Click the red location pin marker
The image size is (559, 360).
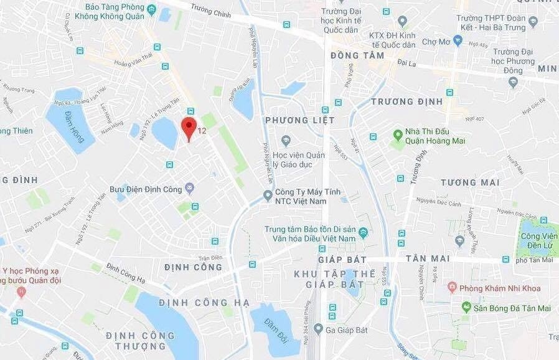pyautogui.click(x=189, y=127)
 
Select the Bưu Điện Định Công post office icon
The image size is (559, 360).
pyautogui.click(x=190, y=188)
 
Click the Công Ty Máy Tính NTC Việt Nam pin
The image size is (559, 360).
pyautogui.click(x=268, y=196)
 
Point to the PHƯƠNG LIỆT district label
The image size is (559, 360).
pyautogui.click(x=299, y=120)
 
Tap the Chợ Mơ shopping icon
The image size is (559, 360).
pyautogui.click(x=458, y=40)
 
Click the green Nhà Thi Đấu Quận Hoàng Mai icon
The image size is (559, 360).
pyautogui.click(x=398, y=135)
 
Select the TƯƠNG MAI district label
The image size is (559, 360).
pyautogui.click(x=470, y=182)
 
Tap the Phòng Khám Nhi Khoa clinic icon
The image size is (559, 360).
pyautogui.click(x=453, y=288)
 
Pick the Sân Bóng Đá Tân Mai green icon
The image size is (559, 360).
pyautogui.click(x=466, y=307)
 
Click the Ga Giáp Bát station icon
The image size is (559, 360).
pyautogui.click(x=318, y=328)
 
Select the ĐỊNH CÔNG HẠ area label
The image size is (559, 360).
pyautogui.click(x=204, y=303)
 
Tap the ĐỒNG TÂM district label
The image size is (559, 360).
pyautogui.click(x=357, y=55)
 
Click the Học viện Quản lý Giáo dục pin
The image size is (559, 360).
pyautogui.click(x=286, y=141)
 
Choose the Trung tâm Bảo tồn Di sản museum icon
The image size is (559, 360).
pyautogui.click(x=364, y=233)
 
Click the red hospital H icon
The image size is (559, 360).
pyautogui.click(x=21, y=291)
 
